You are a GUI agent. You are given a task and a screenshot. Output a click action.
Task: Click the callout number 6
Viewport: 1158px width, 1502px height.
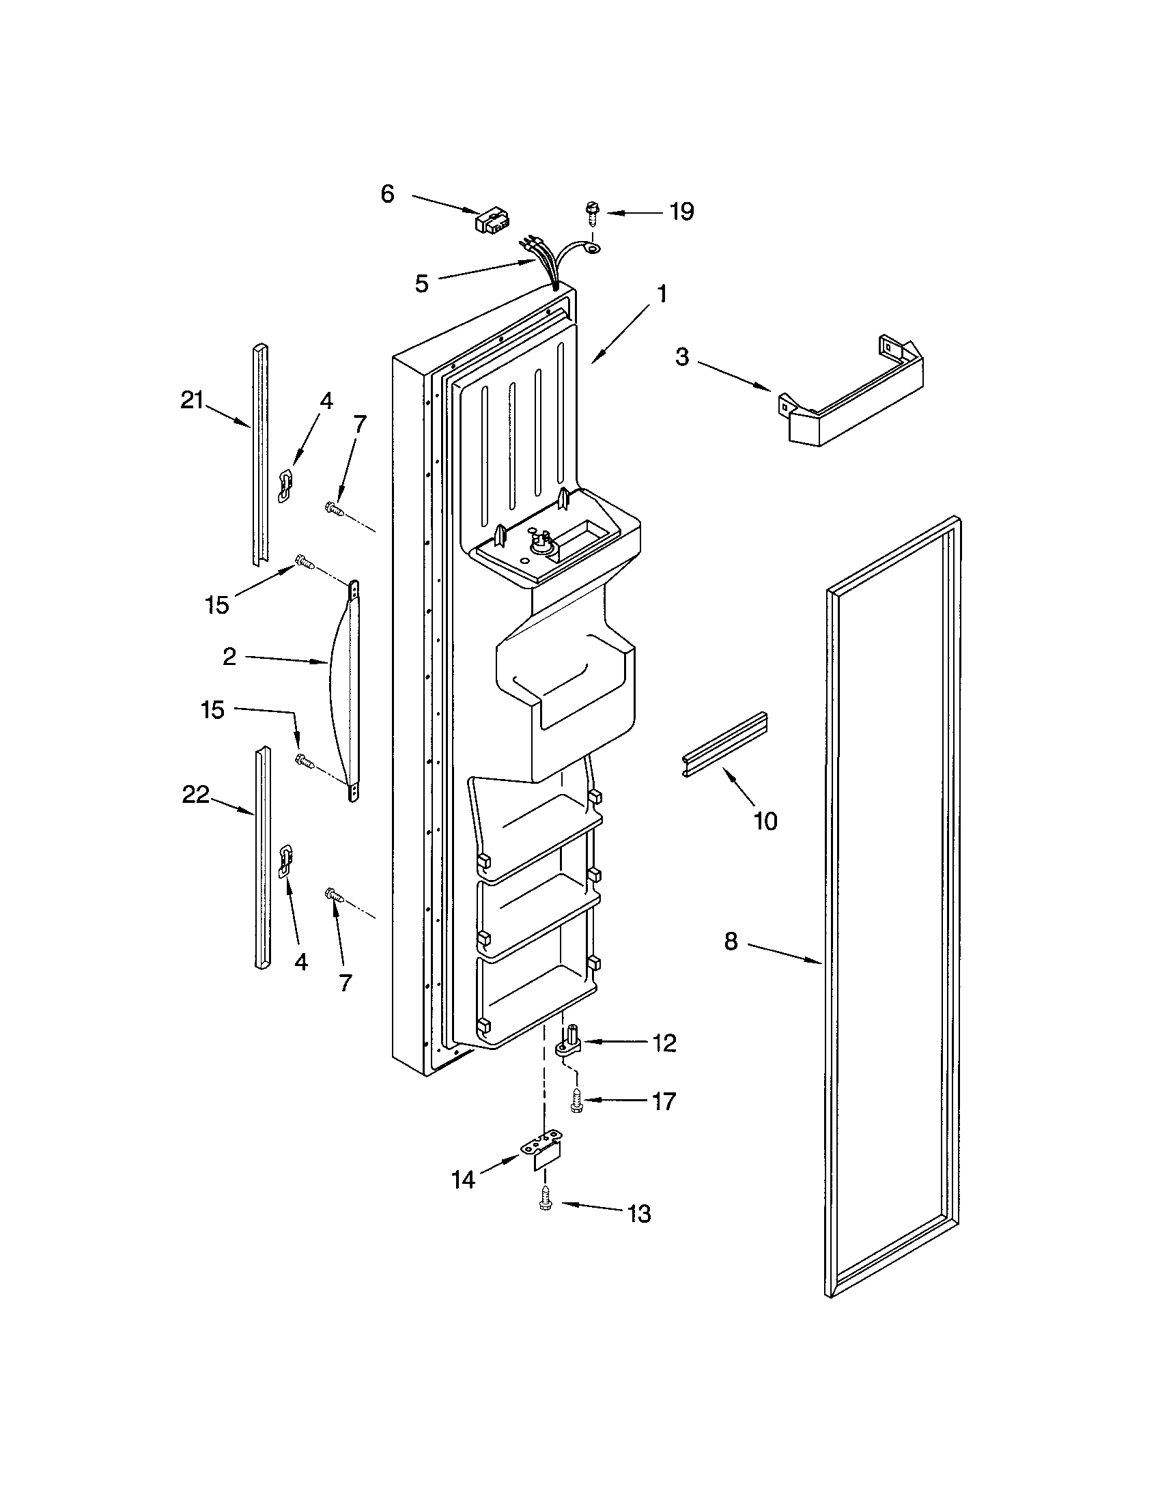pos(388,195)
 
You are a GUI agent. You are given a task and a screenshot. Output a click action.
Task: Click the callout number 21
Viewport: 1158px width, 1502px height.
pos(192,400)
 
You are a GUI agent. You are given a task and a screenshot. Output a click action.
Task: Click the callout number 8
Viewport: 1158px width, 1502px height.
pos(731,941)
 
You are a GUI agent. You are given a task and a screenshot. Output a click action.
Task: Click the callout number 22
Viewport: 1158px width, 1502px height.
pos(195,795)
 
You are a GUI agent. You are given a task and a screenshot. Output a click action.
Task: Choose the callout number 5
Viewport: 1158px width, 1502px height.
pos(421,284)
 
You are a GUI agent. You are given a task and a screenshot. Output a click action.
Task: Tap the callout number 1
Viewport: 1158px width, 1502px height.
pos(661,294)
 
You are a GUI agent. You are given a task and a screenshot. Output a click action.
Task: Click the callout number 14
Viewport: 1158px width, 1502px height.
pos(463,1180)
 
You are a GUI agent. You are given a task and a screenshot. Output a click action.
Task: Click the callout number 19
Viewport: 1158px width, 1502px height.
pos(681,212)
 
